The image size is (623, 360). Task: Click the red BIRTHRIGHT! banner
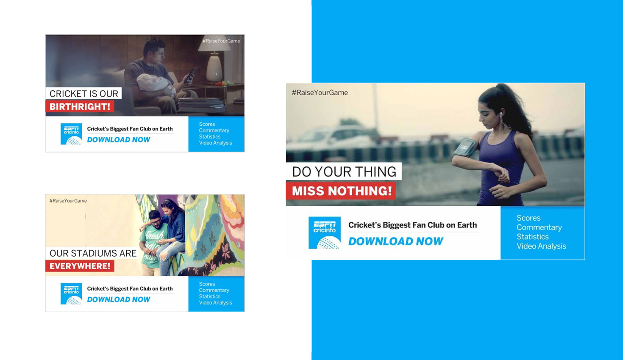click(x=80, y=106)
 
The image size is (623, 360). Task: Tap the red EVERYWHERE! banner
click(x=80, y=266)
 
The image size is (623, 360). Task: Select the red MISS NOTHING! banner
click(x=341, y=191)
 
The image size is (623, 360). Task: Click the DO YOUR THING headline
click(x=344, y=172)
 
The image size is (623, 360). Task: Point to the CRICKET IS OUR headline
click(x=83, y=94)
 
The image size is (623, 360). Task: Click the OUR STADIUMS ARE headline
click(x=93, y=253)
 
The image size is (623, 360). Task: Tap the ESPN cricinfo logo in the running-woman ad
click(x=325, y=233)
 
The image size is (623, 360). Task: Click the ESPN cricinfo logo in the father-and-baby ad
click(x=71, y=134)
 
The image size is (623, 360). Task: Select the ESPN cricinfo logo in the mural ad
click(x=71, y=294)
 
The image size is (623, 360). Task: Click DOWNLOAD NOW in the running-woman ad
click(x=395, y=241)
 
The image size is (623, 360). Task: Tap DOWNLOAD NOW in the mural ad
click(x=119, y=299)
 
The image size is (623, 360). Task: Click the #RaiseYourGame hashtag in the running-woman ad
click(x=320, y=93)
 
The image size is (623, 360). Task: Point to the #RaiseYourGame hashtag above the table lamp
click(x=221, y=41)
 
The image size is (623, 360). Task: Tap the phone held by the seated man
click(x=190, y=75)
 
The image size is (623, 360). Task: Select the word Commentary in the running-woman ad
click(x=539, y=227)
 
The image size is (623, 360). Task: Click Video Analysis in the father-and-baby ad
click(x=215, y=143)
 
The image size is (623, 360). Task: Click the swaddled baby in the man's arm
click(x=156, y=84)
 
